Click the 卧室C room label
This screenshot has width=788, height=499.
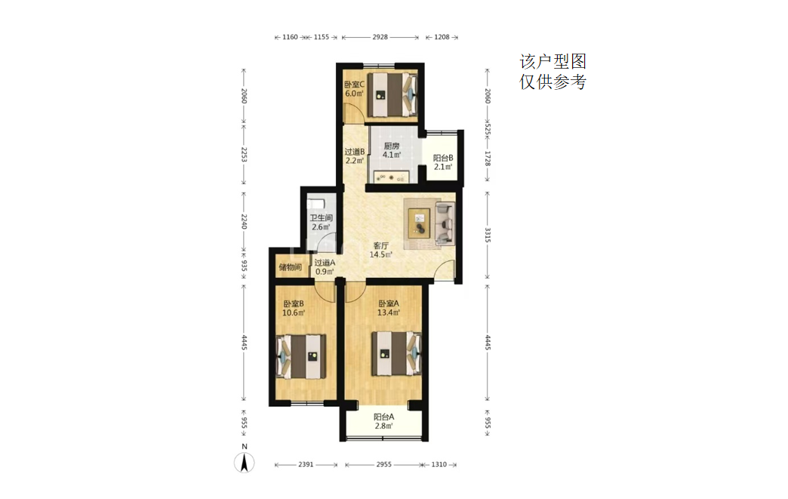coord(354,85)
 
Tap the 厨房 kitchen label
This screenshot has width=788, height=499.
coord(392,146)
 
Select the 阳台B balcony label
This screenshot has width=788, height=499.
coord(443,158)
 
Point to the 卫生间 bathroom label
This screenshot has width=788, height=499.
coord(321,217)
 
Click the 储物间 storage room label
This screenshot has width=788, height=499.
coord(291,266)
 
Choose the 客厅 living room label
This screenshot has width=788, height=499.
coord(381,246)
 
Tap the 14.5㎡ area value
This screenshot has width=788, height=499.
coord(381,254)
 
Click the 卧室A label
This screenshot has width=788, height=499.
coord(389,303)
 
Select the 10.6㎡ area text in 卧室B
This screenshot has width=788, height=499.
coord(294,313)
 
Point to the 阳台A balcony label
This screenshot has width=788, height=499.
coord(384,417)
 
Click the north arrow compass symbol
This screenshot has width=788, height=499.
coord(245,462)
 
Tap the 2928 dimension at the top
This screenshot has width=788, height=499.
coord(380,37)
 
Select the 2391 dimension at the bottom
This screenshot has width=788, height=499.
coord(306,465)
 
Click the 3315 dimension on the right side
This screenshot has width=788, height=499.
coord(487,236)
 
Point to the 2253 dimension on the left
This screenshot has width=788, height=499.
coord(244,154)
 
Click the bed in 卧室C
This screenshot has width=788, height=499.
coord(392,94)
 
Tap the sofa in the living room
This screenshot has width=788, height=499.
coord(445,223)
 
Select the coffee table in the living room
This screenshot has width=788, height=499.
coord(419,223)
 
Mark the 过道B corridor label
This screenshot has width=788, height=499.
coord(354,152)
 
